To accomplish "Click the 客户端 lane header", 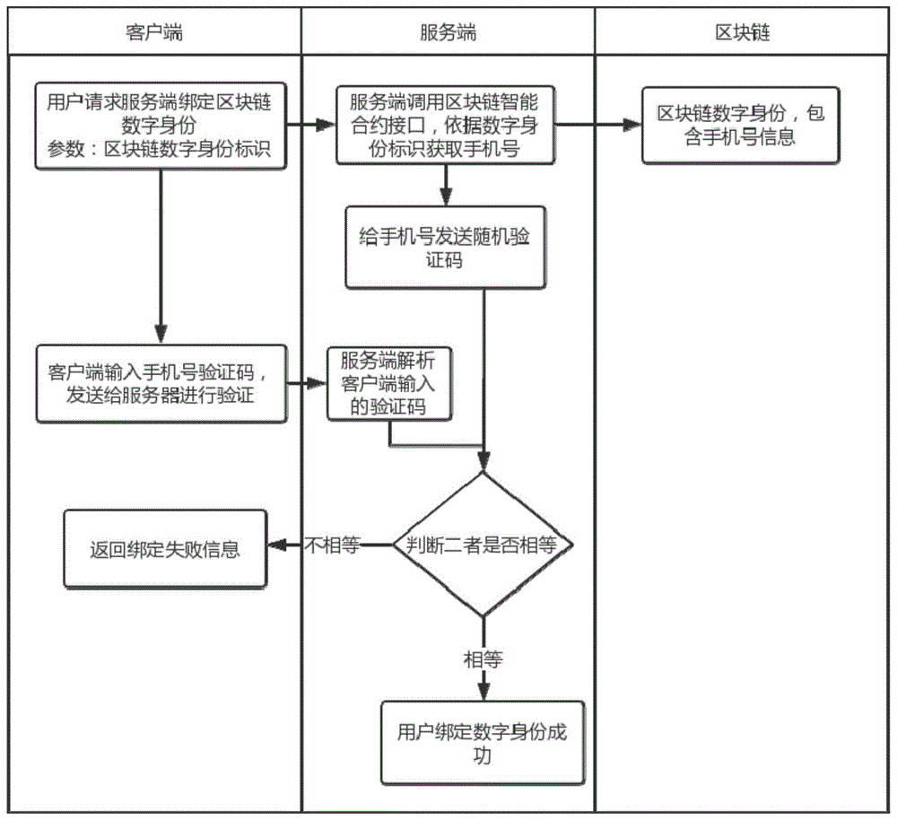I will click(x=153, y=33).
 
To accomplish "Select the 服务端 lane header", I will click(x=448, y=33).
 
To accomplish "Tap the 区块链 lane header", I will click(x=742, y=33).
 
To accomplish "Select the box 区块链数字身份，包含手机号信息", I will click(x=741, y=126).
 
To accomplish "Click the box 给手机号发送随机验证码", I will click(x=445, y=247).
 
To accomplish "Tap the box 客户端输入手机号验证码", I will click(x=161, y=384).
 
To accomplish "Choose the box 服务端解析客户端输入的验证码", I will click(x=389, y=383).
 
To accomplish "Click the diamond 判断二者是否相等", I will click(x=483, y=544).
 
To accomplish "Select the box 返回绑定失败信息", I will click(x=164, y=548).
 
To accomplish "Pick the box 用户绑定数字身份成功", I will click(x=483, y=743).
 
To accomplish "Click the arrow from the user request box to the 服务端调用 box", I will click(x=311, y=126).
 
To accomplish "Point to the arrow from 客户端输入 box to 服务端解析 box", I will click(x=307, y=384).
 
